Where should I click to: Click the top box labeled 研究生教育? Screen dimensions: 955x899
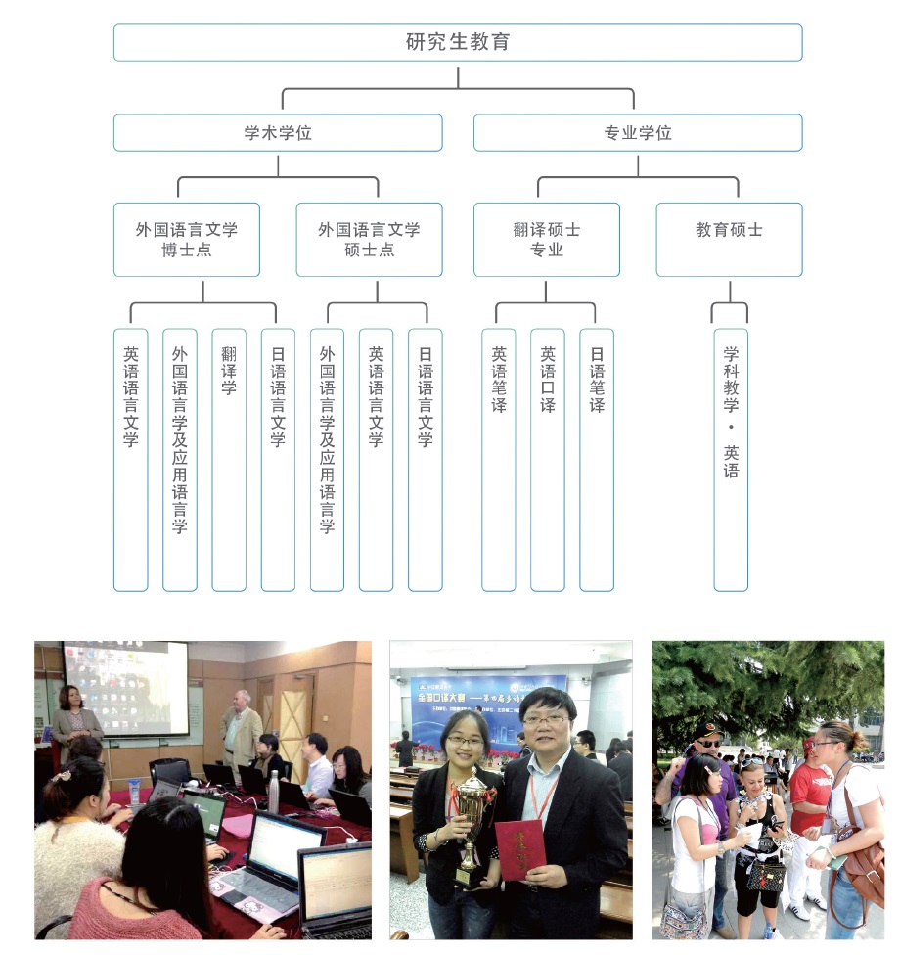pyautogui.click(x=457, y=43)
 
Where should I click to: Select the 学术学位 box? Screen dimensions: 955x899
pyautogui.click(x=277, y=133)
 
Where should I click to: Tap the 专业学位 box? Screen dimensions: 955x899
pyautogui.click(x=637, y=133)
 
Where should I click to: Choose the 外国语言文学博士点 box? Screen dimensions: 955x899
pyautogui.click(x=186, y=240)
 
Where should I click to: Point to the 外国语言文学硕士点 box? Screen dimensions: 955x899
pyautogui.click(x=369, y=240)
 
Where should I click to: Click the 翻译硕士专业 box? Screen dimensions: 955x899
pyautogui.click(x=546, y=240)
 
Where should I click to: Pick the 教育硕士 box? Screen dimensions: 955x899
pyautogui.click(x=729, y=240)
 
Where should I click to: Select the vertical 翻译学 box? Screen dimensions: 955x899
pyautogui.click(x=229, y=460)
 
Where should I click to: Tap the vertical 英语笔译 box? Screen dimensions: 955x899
pyautogui.click(x=499, y=460)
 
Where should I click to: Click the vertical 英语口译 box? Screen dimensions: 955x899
pyautogui.click(x=548, y=460)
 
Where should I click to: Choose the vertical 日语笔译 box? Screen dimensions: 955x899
pyautogui.click(x=597, y=460)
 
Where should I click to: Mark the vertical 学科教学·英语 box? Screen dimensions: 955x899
pyautogui.click(x=731, y=460)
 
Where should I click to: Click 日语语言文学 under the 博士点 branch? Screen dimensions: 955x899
pyautogui.click(x=278, y=460)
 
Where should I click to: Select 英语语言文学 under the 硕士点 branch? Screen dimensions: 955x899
pyautogui.click(x=376, y=460)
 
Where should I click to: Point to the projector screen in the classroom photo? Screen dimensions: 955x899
pyautogui.click(x=125, y=688)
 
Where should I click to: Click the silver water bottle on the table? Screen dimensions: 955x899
pyautogui.click(x=274, y=792)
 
